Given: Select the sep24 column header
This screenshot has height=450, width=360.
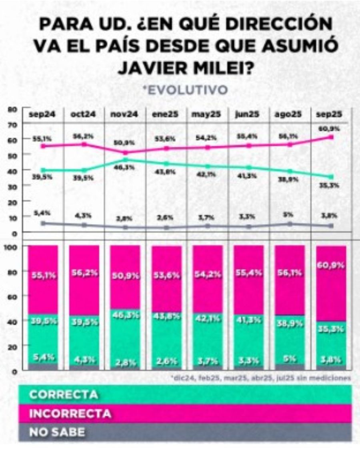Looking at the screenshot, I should coord(42,114).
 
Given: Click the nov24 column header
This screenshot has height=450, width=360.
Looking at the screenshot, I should coord(124,114).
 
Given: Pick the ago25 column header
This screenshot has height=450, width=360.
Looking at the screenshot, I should coord(288,114).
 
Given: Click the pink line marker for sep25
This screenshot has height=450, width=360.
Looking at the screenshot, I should coord(331,137).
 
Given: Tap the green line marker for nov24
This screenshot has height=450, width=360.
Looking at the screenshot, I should coord(126,160).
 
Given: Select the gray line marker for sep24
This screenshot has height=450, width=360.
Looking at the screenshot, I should coord(43,223).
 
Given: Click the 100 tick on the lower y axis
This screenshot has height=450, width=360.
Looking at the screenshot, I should coord(12,247).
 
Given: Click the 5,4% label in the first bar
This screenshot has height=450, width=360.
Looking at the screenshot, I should coord(43,357).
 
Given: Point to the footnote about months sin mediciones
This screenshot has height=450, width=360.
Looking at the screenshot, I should coord(260,377).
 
